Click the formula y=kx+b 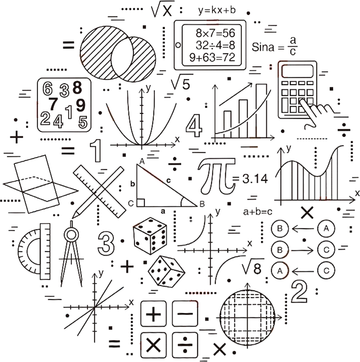pos(217,10)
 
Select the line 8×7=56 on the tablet pos(215,33)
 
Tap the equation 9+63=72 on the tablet pos(212,57)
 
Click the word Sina pos(263,47)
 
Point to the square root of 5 pos(182,82)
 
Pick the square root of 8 pos(252,267)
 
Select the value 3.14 pos(255,179)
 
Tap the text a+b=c pos(258,212)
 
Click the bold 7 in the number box pos(53,104)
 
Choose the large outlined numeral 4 pos(194,126)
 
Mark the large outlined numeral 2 pos(299,291)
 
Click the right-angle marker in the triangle pos(141,203)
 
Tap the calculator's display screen pos(297,71)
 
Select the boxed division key pos(185,345)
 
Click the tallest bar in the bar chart pos(261,111)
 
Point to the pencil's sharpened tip pos(73,217)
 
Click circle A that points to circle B pos(326,229)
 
